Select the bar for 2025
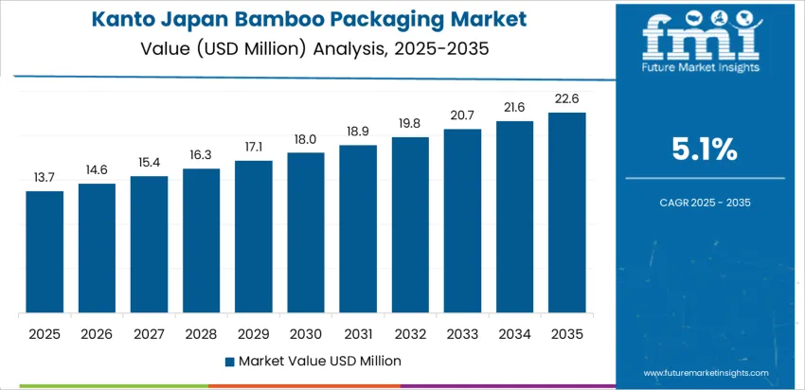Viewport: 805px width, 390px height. (x=45, y=252)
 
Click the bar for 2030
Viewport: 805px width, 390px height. (x=306, y=232)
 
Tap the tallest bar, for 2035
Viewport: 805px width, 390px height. (x=566, y=213)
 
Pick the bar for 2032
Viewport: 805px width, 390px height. (x=410, y=224)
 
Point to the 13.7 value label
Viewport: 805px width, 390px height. (x=45, y=178)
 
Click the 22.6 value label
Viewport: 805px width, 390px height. (x=566, y=99)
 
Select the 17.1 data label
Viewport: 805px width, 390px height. (x=254, y=147)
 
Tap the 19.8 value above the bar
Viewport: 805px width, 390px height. (x=410, y=123)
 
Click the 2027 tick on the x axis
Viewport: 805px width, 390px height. (x=149, y=333)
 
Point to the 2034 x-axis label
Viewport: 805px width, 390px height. (x=514, y=333)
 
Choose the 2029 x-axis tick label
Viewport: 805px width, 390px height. (x=254, y=333)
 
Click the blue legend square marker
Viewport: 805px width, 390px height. (x=229, y=361)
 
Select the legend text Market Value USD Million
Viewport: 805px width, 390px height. (x=320, y=361)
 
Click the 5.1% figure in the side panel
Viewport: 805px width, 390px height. (x=705, y=149)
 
